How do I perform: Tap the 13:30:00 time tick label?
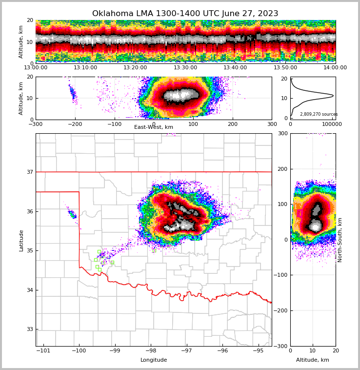(x=185, y=68)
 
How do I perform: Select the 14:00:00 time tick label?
(x=335, y=68)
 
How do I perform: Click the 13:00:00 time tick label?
(x=36, y=68)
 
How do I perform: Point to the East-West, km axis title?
(x=154, y=127)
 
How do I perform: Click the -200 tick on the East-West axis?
(x=75, y=124)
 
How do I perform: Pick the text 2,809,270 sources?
(x=319, y=114)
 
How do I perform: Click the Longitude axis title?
(x=154, y=360)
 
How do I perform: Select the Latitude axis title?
(x=21, y=240)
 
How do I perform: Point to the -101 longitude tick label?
(x=43, y=350)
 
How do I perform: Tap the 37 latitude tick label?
(x=29, y=172)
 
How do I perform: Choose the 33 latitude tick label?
(x=29, y=329)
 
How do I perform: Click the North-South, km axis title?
(x=340, y=240)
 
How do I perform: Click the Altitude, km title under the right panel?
(x=313, y=360)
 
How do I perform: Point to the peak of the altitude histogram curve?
(x=333, y=96)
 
